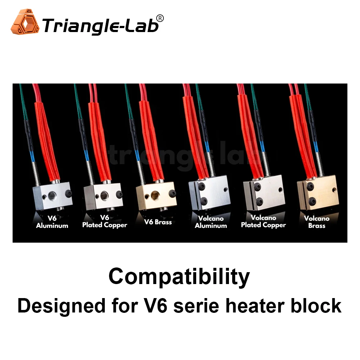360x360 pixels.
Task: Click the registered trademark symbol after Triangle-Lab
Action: coord(160,18)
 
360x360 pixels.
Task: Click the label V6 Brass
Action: coord(158,222)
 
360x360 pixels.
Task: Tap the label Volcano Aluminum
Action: coord(211,222)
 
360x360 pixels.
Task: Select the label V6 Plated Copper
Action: coord(105,221)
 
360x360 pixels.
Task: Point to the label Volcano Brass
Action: coord(317,222)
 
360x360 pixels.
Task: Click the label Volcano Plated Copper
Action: coord(264,221)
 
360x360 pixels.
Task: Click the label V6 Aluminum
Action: coord(52,222)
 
